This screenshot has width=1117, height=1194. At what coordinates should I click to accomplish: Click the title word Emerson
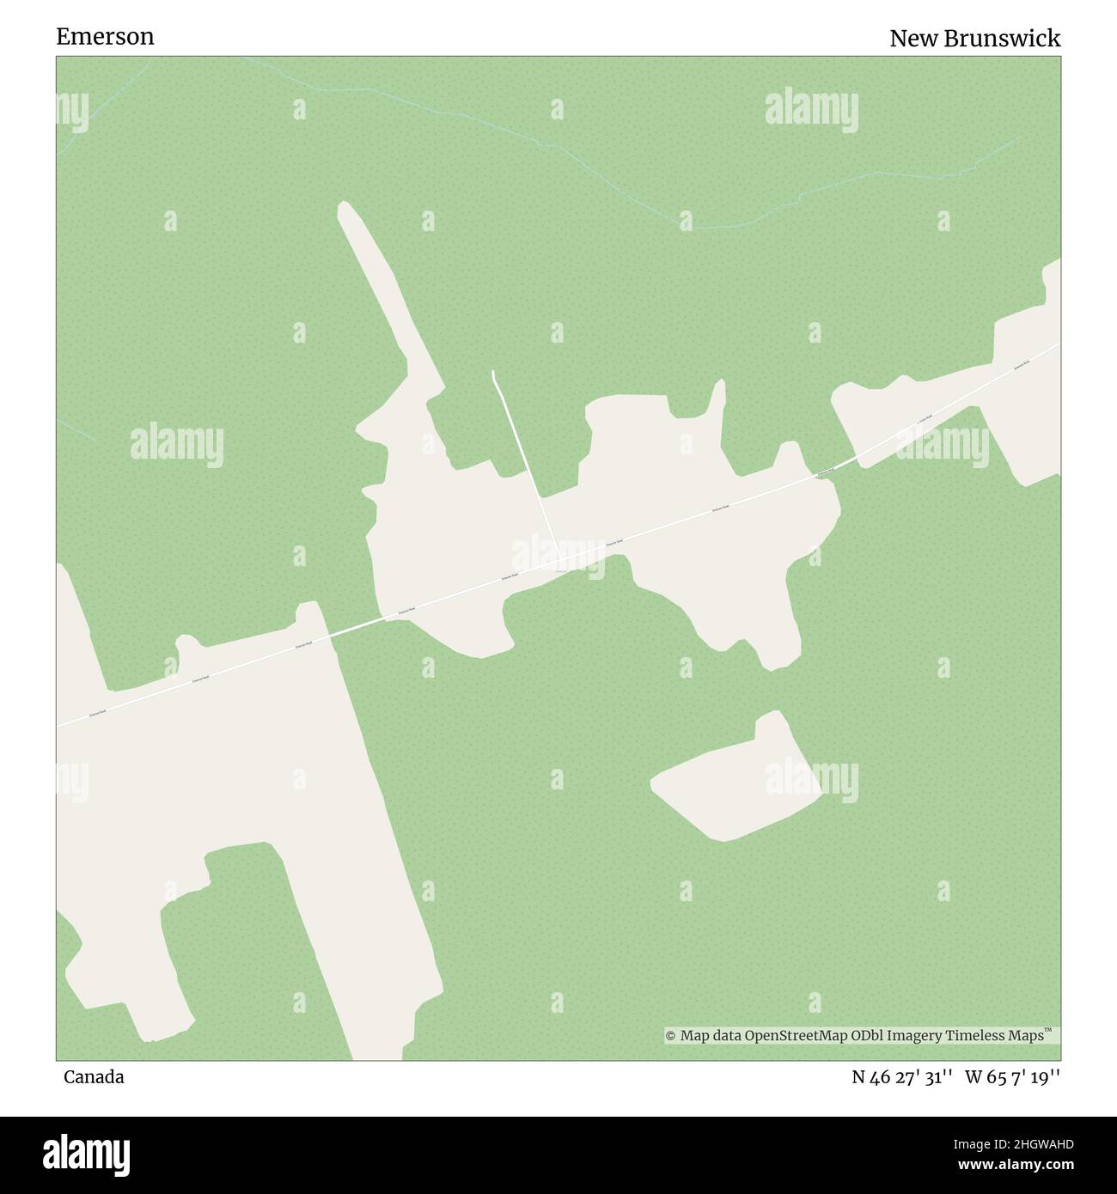tap(105, 36)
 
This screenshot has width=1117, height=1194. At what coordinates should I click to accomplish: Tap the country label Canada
tap(93, 1076)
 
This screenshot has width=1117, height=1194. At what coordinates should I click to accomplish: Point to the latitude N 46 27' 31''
tap(901, 1076)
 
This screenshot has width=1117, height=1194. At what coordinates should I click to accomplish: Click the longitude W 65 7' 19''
tap(1012, 1076)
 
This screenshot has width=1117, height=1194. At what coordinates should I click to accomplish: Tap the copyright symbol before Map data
tap(671, 1036)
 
